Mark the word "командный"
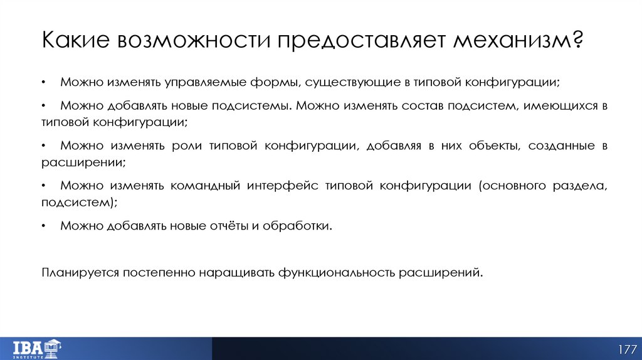[x=204, y=186]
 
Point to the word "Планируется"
[x=80, y=273]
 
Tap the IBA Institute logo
[x=37, y=348]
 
